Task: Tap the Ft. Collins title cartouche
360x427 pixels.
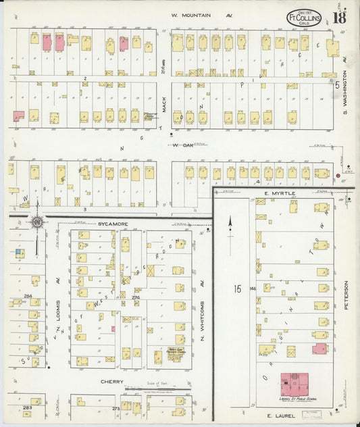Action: (304, 18)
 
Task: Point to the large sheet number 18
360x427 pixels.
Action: (339, 17)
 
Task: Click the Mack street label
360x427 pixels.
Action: (163, 105)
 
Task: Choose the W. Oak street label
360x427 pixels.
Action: (182, 144)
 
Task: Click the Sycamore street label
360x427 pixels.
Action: (112, 222)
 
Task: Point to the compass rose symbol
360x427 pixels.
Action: (38, 221)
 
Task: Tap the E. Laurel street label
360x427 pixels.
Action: (282, 416)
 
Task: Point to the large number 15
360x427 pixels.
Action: (238, 288)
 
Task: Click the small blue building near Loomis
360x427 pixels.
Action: (18, 252)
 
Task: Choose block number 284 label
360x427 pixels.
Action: (28, 296)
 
